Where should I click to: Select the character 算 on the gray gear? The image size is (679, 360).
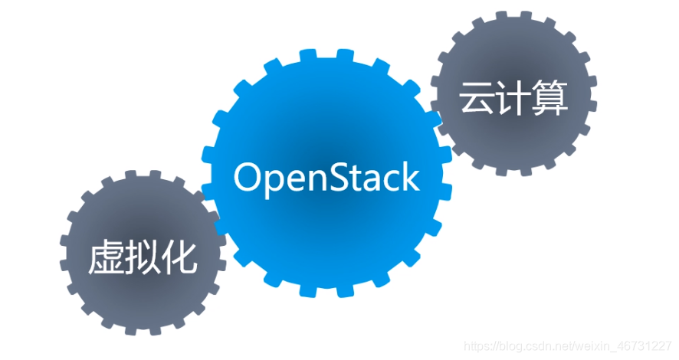[550, 99]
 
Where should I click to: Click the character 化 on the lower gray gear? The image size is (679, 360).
[179, 257]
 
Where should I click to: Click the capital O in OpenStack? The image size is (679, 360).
[248, 177]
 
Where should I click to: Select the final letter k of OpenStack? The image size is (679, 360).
[412, 177]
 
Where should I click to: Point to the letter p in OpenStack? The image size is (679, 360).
[274, 181]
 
